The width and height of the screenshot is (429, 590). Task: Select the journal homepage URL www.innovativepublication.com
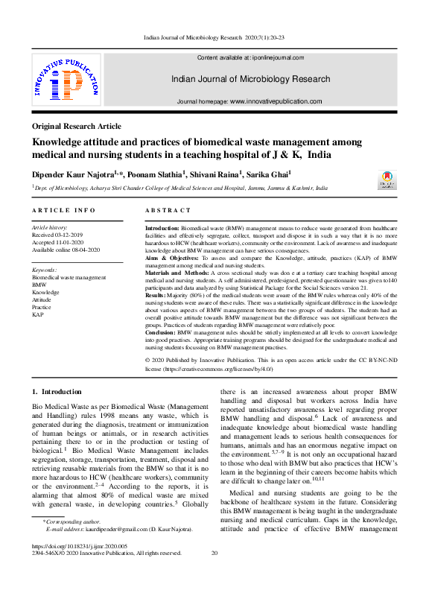click(276, 101)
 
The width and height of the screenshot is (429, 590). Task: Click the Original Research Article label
click(77, 127)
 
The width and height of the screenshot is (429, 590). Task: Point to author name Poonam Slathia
click(174, 174)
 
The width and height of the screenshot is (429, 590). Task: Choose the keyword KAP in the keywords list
click(38, 314)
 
